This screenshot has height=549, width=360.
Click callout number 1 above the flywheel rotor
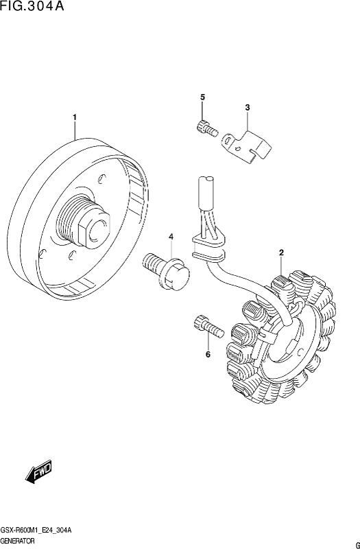click(75, 117)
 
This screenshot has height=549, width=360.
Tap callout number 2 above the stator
click(281, 253)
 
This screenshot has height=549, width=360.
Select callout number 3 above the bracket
click(248, 108)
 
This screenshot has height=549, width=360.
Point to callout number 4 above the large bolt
click(171, 237)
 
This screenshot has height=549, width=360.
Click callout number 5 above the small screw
click(202, 97)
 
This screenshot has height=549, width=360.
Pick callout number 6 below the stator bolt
click(208, 355)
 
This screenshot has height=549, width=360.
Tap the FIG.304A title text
click(32, 6)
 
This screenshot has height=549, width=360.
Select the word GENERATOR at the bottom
click(18, 541)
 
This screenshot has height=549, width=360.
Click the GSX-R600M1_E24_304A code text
click(36, 530)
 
